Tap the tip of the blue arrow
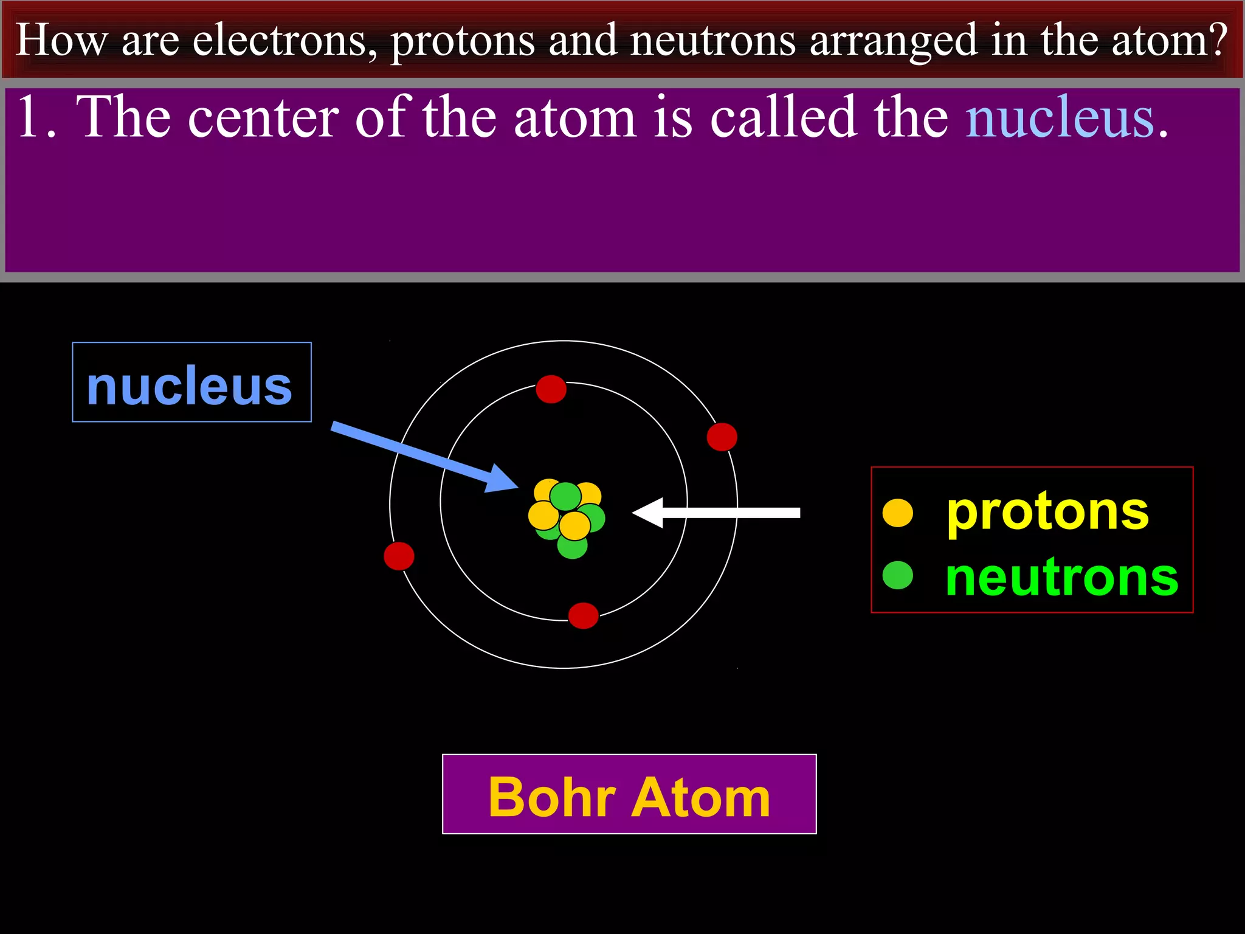click(x=516, y=486)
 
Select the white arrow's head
click(x=643, y=513)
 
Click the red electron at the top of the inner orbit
click(x=551, y=389)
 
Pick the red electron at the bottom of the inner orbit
click(x=583, y=615)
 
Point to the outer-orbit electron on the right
click(x=722, y=437)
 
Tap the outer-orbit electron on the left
click(x=399, y=556)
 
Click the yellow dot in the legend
click(x=897, y=512)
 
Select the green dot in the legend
click(x=897, y=575)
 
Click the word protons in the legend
click(x=1047, y=512)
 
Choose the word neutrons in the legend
click(x=1061, y=578)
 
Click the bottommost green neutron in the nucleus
click(x=572, y=545)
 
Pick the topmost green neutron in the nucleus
click(x=565, y=496)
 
